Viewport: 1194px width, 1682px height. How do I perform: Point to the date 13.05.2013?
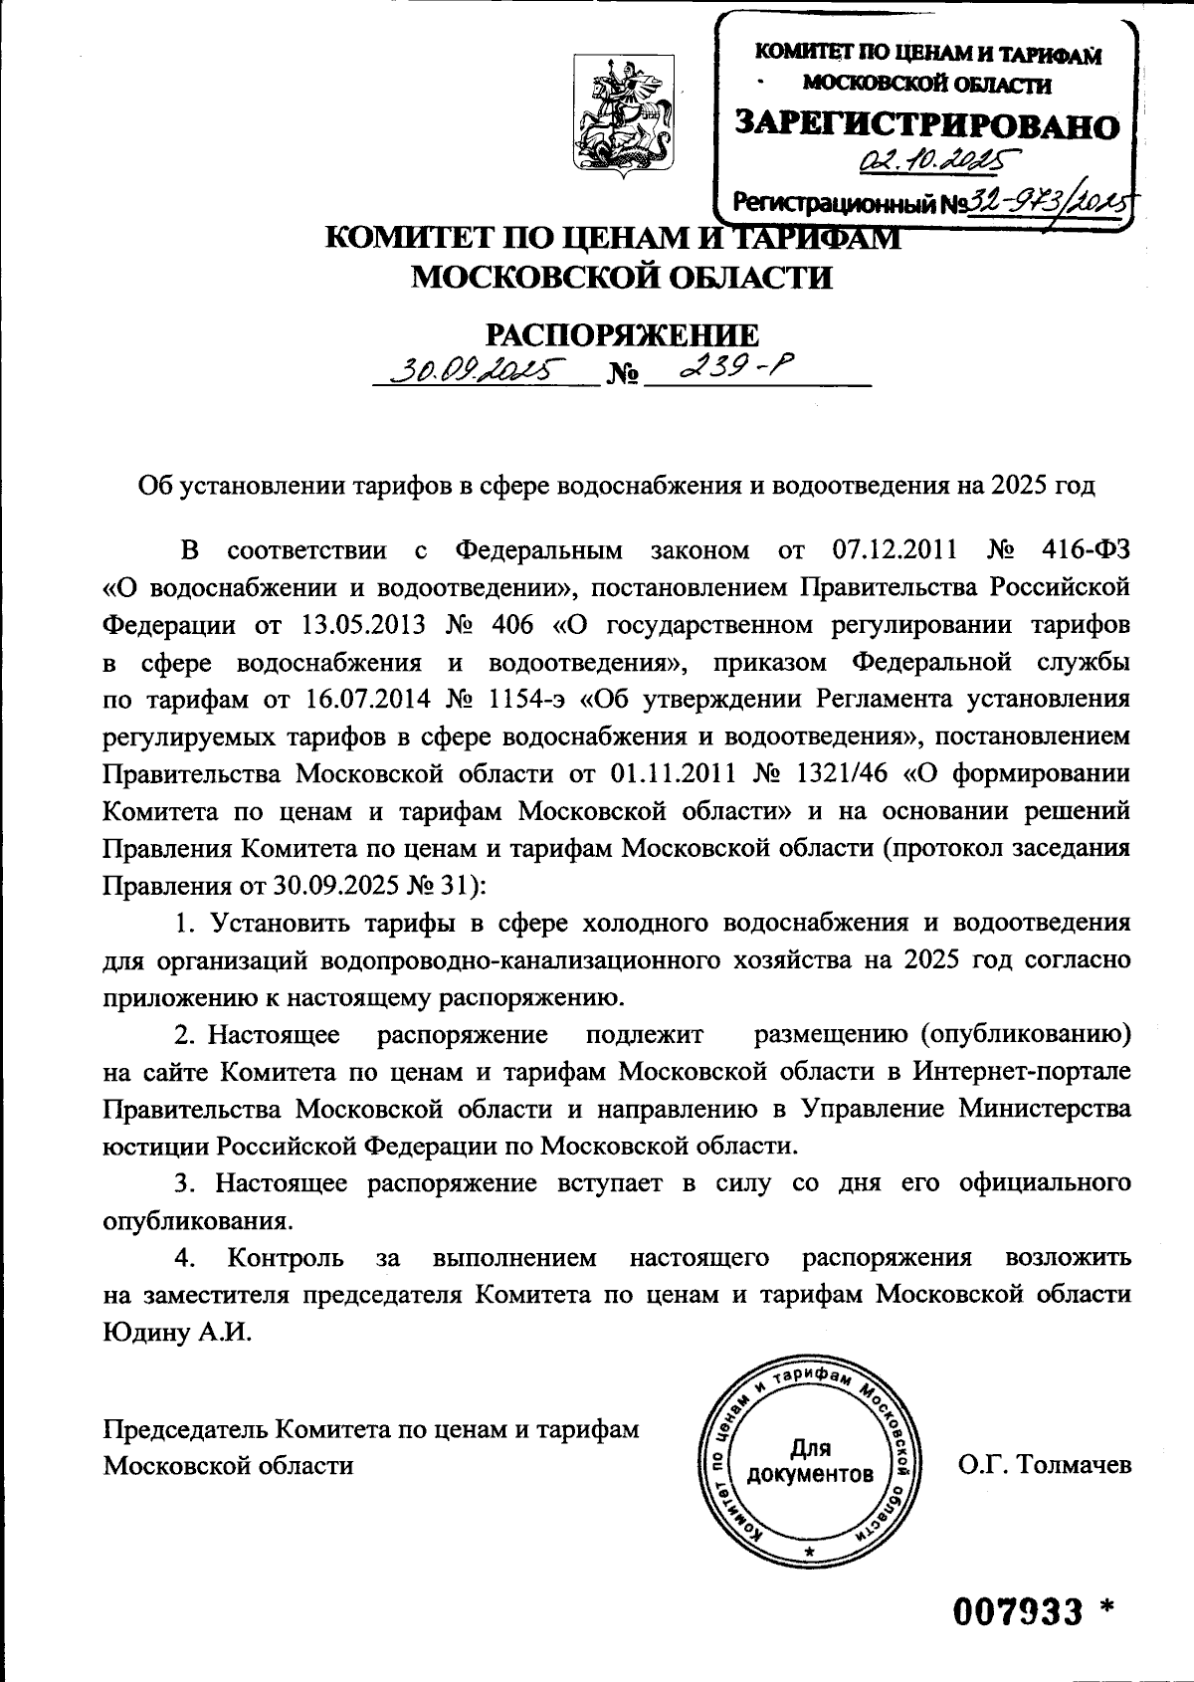[x=362, y=625]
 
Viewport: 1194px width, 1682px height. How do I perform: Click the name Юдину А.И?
[x=178, y=1333]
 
